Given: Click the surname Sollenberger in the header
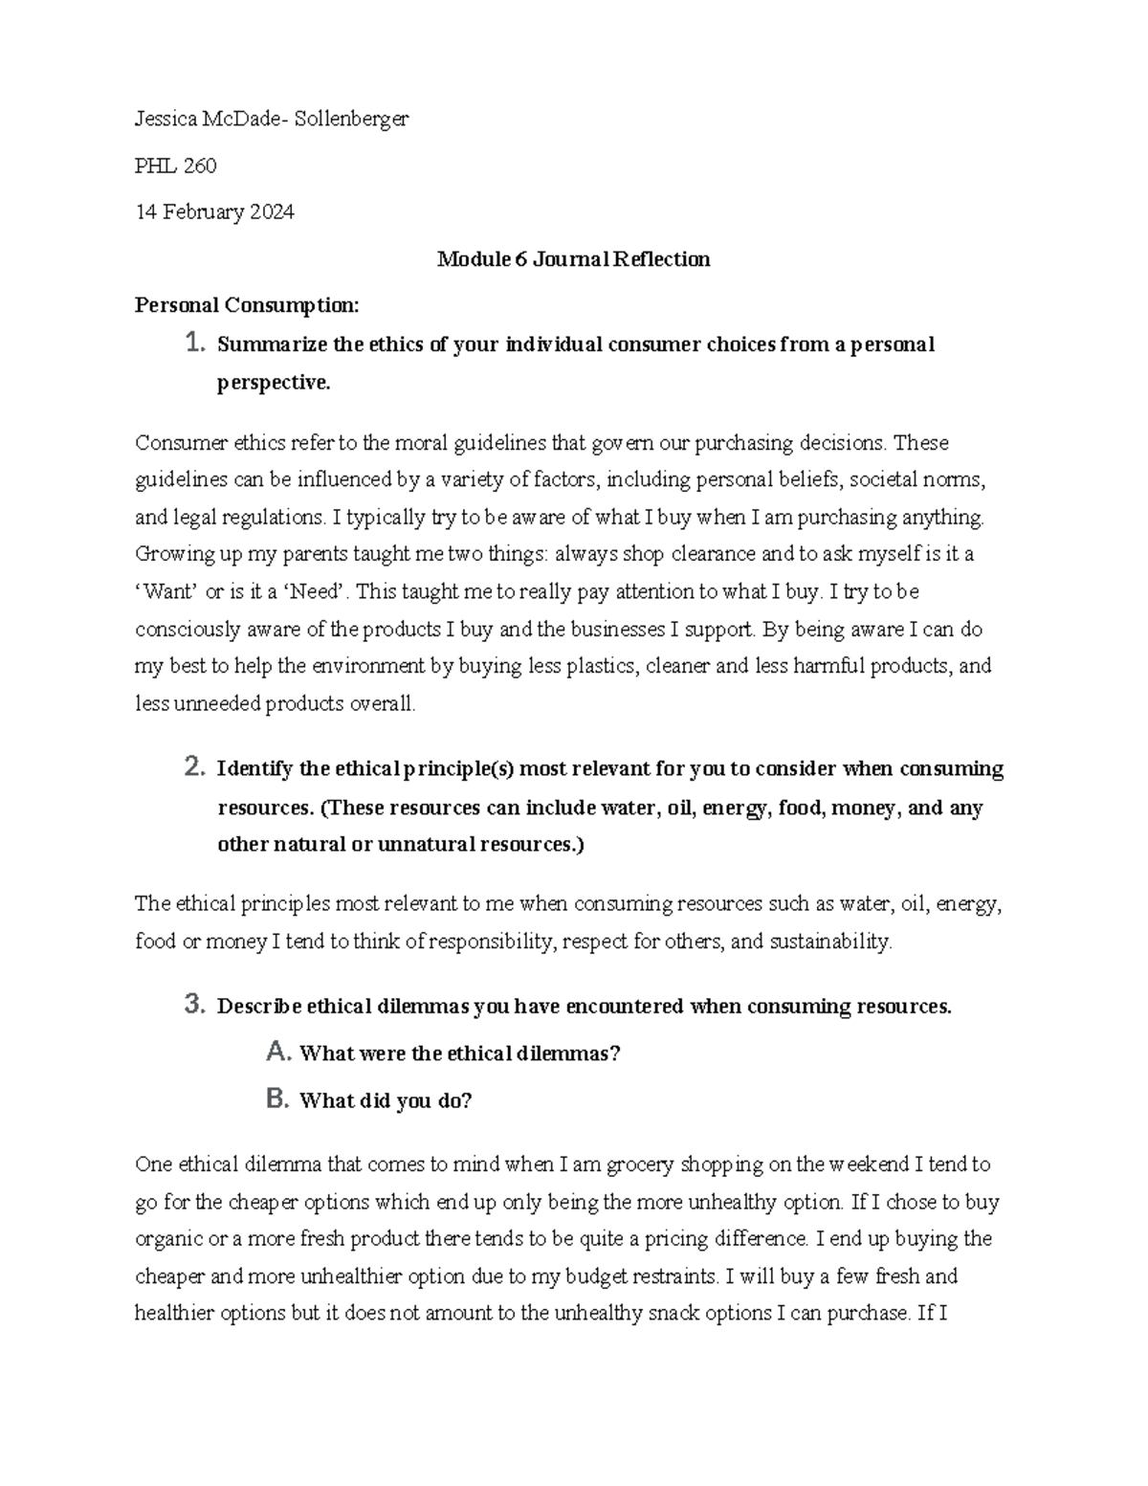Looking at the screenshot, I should [351, 120].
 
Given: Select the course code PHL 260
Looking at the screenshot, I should [176, 166].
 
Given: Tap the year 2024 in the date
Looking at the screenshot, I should [272, 212].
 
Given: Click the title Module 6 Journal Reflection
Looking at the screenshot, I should [573, 259].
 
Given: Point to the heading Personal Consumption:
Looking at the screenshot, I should [247, 305].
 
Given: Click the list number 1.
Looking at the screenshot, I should [194, 343].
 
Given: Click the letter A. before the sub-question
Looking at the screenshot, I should [278, 1053].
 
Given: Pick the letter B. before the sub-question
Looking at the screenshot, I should [278, 1099].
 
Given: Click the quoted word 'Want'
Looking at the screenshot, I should [167, 592].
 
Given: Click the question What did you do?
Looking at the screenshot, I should [386, 1101].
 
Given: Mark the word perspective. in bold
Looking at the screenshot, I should [274, 384].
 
